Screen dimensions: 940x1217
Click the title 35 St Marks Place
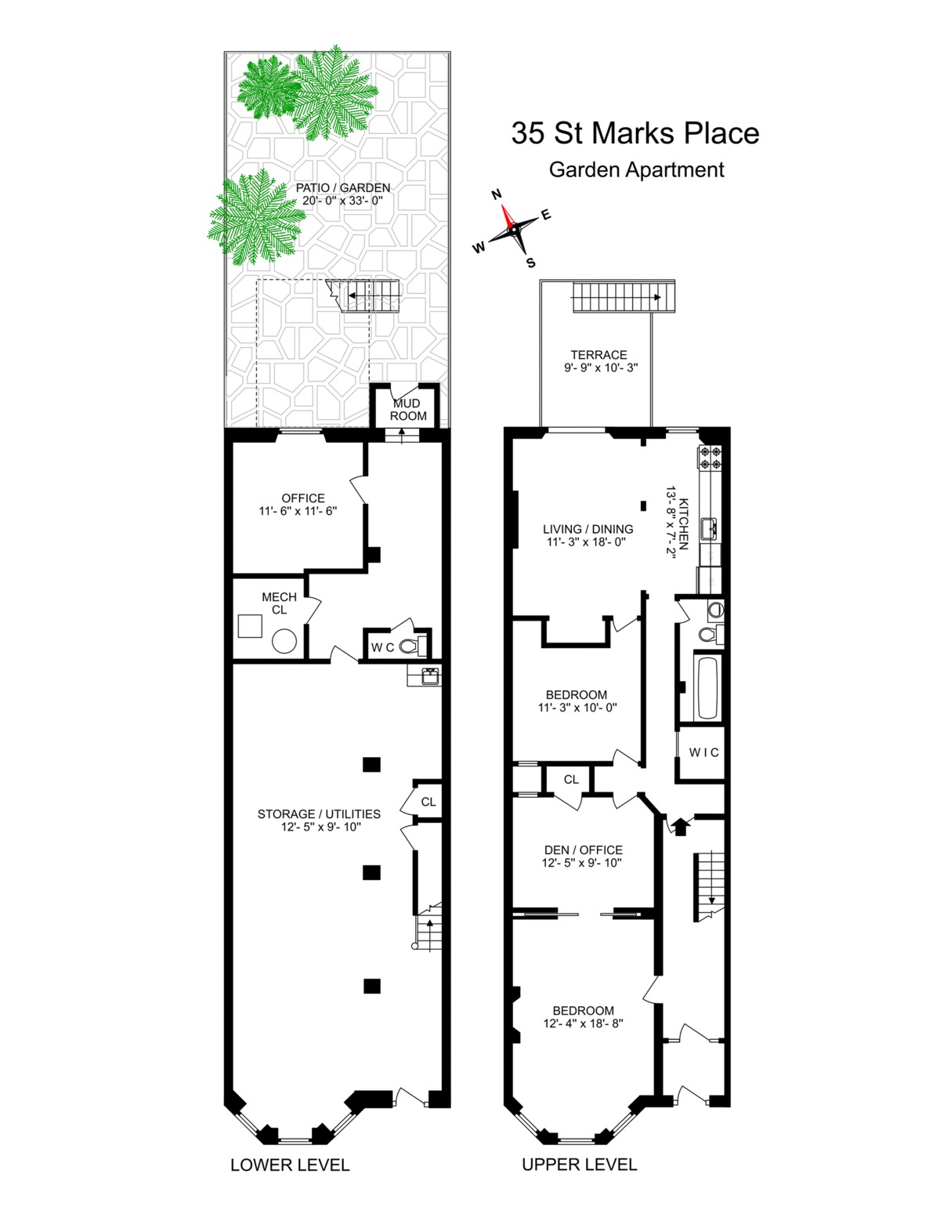click(x=635, y=132)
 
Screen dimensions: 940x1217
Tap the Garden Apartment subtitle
click(x=636, y=169)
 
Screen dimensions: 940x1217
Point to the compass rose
click(x=513, y=228)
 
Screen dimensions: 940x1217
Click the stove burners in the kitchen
click(x=711, y=457)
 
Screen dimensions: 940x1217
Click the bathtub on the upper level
click(x=707, y=688)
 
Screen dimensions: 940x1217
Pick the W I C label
click(x=703, y=752)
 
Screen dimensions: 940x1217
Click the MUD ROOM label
click(x=408, y=409)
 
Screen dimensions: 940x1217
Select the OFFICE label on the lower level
click(x=303, y=498)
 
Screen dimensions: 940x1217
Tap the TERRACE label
click(x=598, y=355)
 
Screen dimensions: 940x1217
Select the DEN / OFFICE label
click(x=583, y=849)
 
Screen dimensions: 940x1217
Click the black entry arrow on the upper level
click(x=679, y=824)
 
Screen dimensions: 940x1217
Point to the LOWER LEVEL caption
click(x=290, y=1164)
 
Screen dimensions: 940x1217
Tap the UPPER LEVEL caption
click(x=580, y=1164)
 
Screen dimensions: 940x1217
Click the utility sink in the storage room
click(x=429, y=676)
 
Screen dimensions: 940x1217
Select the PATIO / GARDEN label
click(x=343, y=188)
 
